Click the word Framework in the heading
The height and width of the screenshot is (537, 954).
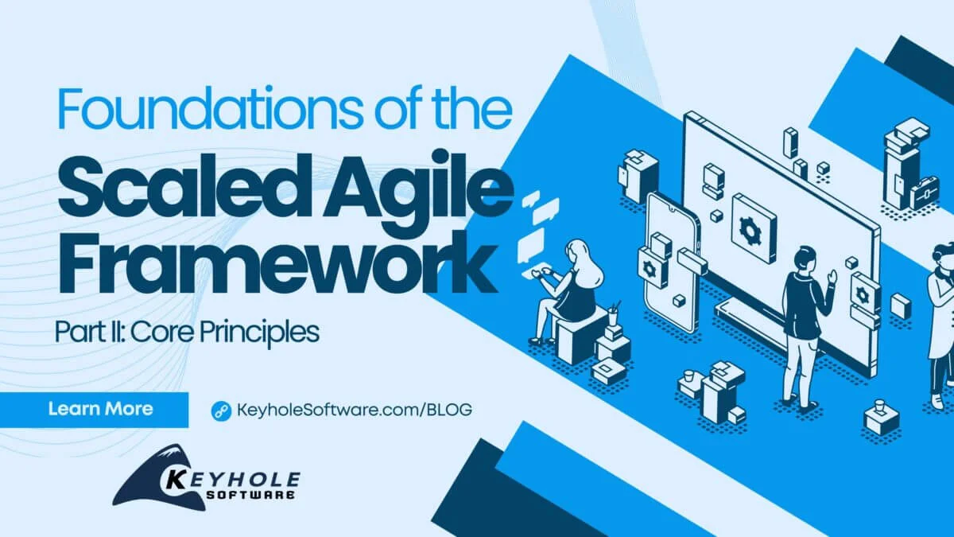pyautogui.click(x=277, y=264)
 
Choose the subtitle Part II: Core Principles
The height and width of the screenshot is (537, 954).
pyautogui.click(x=188, y=332)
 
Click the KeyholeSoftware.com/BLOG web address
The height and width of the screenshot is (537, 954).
pyautogui.click(x=354, y=410)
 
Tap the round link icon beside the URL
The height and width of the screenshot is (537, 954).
pyautogui.click(x=221, y=411)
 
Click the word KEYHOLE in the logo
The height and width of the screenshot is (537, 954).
pyautogui.click(x=232, y=481)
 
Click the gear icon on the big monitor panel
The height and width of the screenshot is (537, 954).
pyautogui.click(x=750, y=231)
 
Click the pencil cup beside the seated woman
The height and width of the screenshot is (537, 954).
pyautogui.click(x=612, y=315)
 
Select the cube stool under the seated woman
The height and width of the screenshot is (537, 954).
pyautogui.click(x=581, y=335)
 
